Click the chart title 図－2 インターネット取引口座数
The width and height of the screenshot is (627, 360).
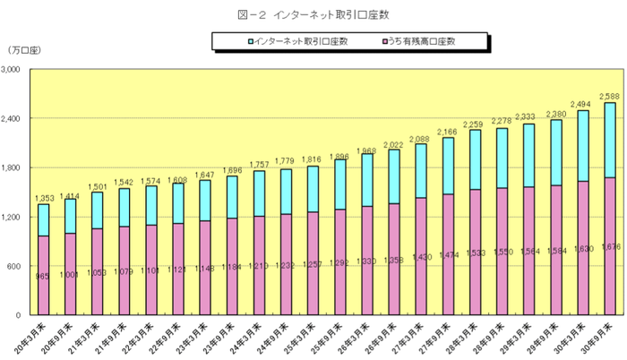[313, 14]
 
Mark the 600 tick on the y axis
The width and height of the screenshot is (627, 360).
[21, 266]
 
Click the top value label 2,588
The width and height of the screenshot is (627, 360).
[609, 95]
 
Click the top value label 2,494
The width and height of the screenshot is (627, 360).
[581, 103]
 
